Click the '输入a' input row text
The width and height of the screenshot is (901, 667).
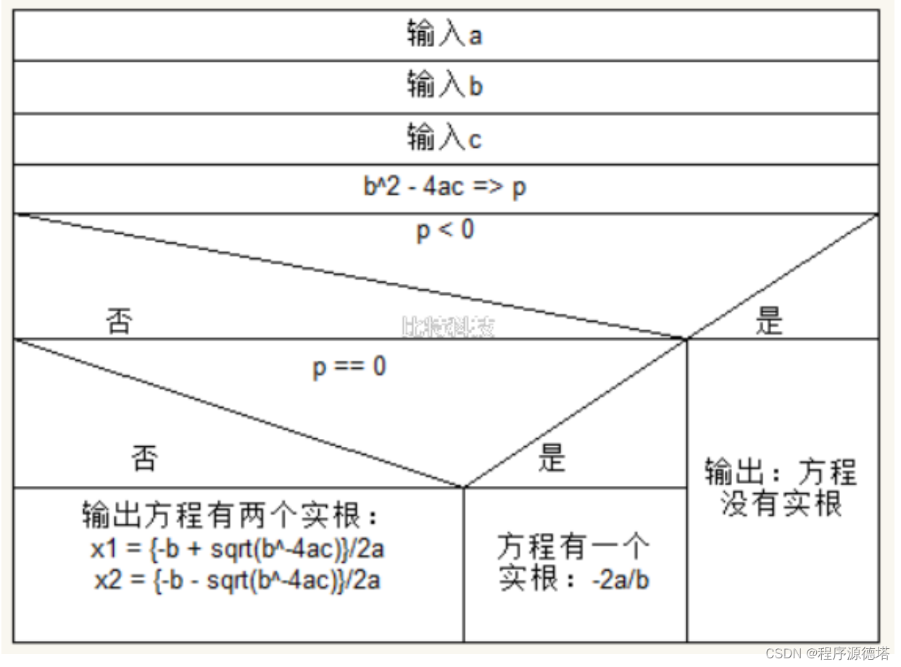pyautogui.click(x=444, y=35)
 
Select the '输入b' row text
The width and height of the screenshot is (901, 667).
pyautogui.click(x=444, y=86)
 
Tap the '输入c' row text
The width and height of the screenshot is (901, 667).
pyautogui.click(x=444, y=138)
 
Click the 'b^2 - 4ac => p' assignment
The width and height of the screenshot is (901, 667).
pyautogui.click(x=444, y=187)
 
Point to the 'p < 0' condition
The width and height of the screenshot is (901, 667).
pyautogui.click(x=445, y=230)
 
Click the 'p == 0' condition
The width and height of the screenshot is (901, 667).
pyautogui.click(x=349, y=366)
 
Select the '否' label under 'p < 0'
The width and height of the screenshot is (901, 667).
pyautogui.click(x=119, y=321)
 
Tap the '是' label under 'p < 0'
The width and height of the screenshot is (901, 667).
pyautogui.click(x=769, y=321)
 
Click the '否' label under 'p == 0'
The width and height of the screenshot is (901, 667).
pyautogui.click(x=144, y=458)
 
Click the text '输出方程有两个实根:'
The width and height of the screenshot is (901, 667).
pyautogui.click(x=231, y=517)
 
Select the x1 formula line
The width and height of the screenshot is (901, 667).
pyautogui.click(x=237, y=550)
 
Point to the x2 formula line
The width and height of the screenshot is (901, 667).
pyautogui.click(x=237, y=580)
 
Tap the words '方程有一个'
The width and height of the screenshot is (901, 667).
pyautogui.click(x=573, y=547)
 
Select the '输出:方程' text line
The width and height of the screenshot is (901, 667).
pyautogui.click(x=781, y=473)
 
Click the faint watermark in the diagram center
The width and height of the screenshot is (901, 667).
pyautogui.click(x=448, y=327)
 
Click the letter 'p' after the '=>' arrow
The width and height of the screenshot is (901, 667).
pyautogui.click(x=519, y=188)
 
